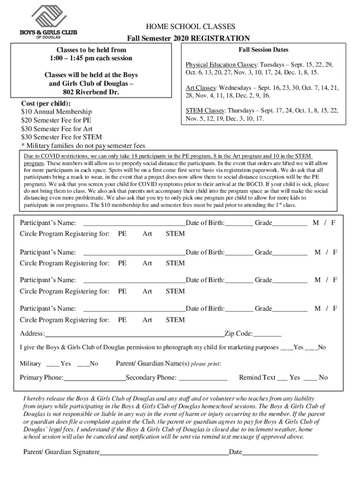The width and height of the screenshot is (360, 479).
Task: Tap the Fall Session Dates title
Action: (263, 50)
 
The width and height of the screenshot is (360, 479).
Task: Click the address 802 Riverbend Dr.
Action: (91, 93)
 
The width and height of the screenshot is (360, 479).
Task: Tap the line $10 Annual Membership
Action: (57, 112)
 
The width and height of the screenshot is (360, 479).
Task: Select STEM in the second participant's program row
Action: (175, 263)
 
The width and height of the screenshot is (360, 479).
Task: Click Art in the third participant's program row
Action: (147, 291)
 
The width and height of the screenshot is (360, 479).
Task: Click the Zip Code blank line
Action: (267, 334)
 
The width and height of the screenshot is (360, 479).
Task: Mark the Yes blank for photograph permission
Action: (286, 348)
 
